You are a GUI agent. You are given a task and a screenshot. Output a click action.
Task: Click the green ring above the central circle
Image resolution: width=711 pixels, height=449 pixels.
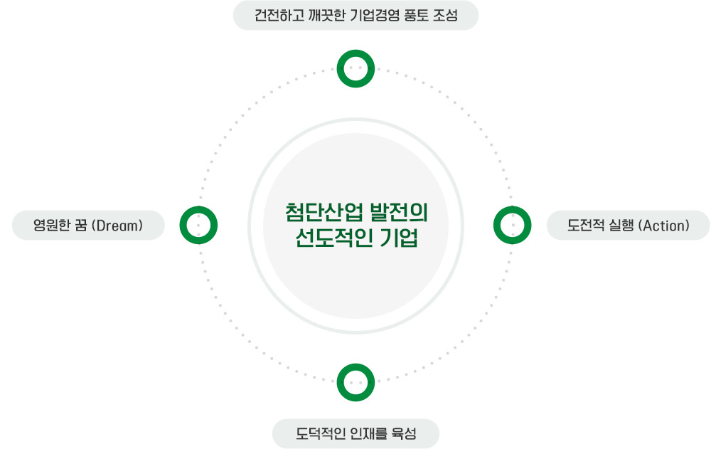pyautogui.click(x=355, y=69)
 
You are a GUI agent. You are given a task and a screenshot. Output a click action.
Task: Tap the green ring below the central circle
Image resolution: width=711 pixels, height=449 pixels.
pyautogui.click(x=355, y=382)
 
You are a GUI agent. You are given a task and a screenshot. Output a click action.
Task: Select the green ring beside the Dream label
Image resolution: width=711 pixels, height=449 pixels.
pyautogui.click(x=198, y=226)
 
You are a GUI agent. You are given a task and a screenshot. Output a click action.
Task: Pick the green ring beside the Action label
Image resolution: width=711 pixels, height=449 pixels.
pyautogui.click(x=512, y=226)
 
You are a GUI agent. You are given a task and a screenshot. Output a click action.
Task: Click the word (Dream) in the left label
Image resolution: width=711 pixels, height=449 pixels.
pyautogui.click(x=119, y=226)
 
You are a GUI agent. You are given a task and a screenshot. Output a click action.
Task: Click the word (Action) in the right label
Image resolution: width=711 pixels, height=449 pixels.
pyautogui.click(x=664, y=226)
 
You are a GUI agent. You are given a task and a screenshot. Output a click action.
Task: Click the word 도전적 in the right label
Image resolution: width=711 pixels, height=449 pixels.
pyautogui.click(x=584, y=226)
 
